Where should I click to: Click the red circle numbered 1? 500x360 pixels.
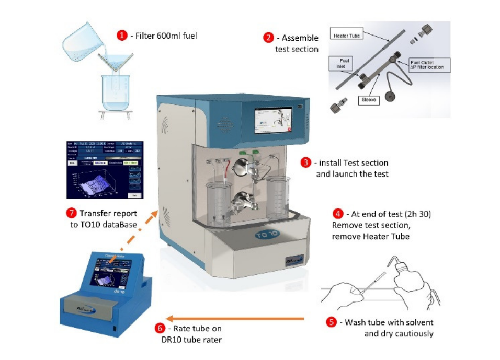coord(122,36)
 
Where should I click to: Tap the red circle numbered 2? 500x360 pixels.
coord(268,38)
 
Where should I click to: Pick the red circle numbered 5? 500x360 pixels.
coord(331,322)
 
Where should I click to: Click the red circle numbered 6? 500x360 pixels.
coord(160,328)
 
